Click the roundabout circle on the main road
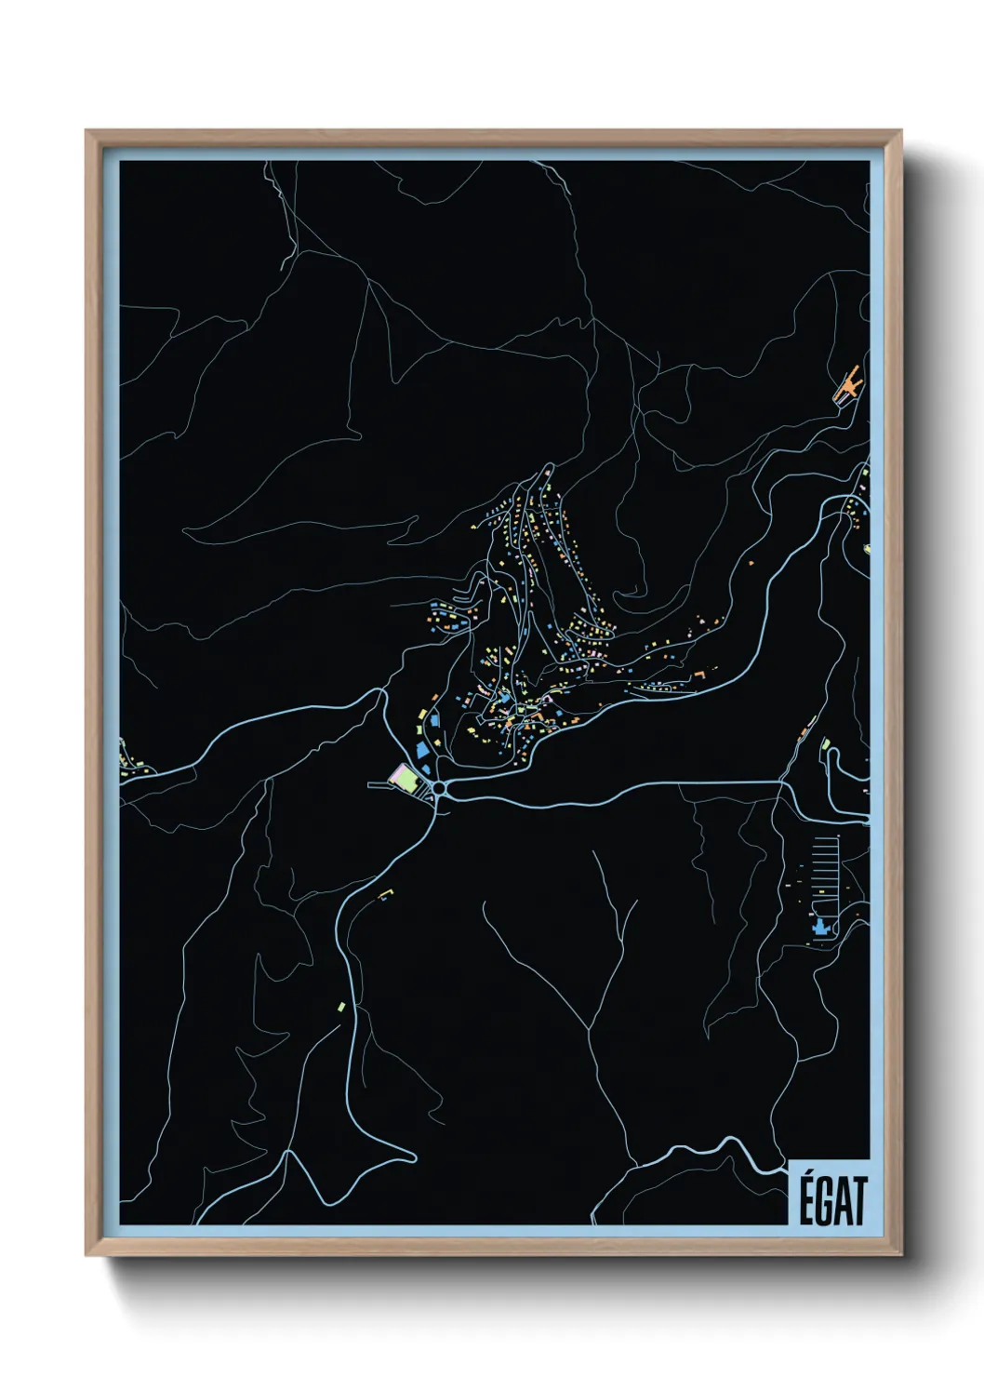coord(439,788)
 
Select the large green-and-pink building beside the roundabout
coord(406,777)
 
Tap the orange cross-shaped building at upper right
coord(847,385)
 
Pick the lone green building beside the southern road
coord(341,1006)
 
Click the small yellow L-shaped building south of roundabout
coord(385,895)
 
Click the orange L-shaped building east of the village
coord(699,672)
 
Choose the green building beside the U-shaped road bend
coord(825,743)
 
